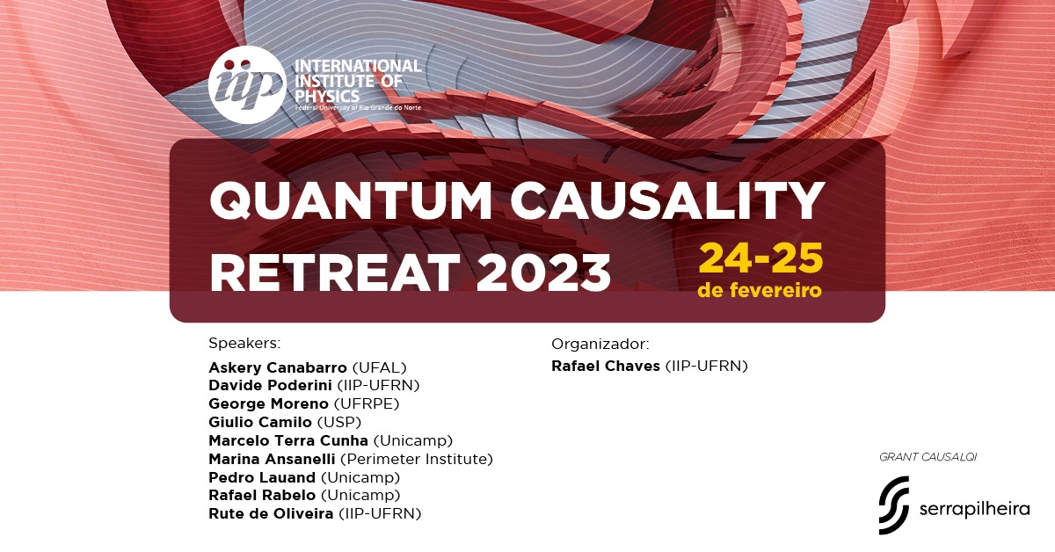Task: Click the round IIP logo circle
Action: pyautogui.click(x=247, y=84)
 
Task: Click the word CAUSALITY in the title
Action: pyautogui.click(x=667, y=200)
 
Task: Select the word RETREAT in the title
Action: pyautogui.click(x=335, y=272)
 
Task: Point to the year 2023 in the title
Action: pyautogui.click(x=543, y=272)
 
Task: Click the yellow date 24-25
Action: pyautogui.click(x=760, y=258)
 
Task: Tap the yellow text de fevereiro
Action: pyautogui.click(x=760, y=290)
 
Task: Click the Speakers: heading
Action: pyautogui.click(x=244, y=344)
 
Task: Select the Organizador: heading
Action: pyautogui.click(x=600, y=345)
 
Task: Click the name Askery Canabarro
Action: pyautogui.click(x=278, y=367)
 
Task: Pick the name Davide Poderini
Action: pyautogui.click(x=271, y=385)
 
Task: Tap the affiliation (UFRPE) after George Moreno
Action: pyautogui.click(x=367, y=404)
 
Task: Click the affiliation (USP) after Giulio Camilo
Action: pyautogui.click(x=339, y=423)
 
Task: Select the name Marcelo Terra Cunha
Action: pyautogui.click(x=288, y=440)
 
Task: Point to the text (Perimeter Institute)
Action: pyautogui.click(x=417, y=459)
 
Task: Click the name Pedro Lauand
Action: pyautogui.click(x=262, y=477)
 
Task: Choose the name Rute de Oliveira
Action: pyautogui.click(x=271, y=514)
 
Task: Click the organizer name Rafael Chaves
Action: pyautogui.click(x=606, y=366)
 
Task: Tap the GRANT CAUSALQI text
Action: pyautogui.click(x=928, y=457)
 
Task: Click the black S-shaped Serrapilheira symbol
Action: pyautogui.click(x=893, y=505)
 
